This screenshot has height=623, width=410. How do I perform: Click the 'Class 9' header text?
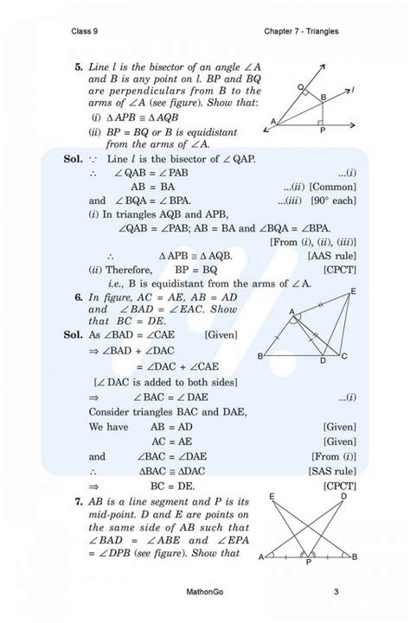pyautogui.click(x=86, y=32)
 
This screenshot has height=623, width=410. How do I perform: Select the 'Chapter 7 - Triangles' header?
pyautogui.click(x=301, y=32)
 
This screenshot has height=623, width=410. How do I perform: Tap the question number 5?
pyautogui.click(x=78, y=66)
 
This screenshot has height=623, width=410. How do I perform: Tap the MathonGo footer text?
pyautogui.click(x=204, y=592)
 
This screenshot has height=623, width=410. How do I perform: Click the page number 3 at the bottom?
pyautogui.click(x=335, y=592)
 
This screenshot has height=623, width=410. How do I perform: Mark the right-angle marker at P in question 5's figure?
pyautogui.click(x=319, y=120)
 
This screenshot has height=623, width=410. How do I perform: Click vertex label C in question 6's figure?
pyautogui.click(x=344, y=357)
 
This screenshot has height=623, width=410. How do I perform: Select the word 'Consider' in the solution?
pyautogui.click(x=112, y=411)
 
